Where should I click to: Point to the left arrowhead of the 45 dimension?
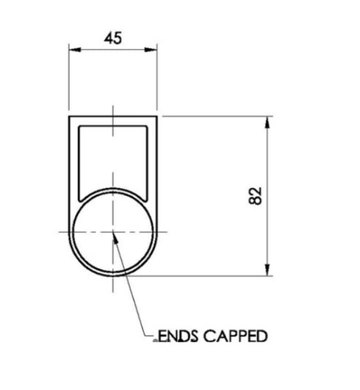(73, 50)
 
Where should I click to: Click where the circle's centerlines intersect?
(113, 232)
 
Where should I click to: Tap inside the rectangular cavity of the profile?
(113, 154)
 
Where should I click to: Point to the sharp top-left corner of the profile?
(69, 116)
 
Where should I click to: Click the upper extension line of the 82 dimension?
(220, 115)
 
